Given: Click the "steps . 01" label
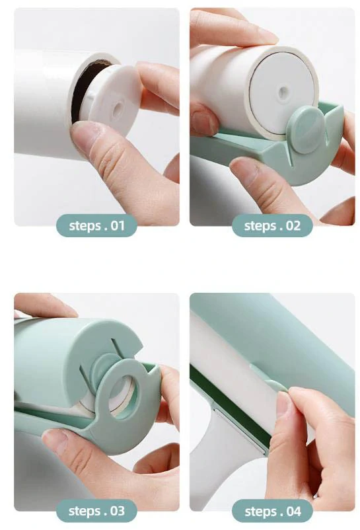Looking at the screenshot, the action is (x=96, y=225).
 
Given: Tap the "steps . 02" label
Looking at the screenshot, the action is (x=272, y=225).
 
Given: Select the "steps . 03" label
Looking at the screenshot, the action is (x=96, y=511).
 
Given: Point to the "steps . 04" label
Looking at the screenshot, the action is (x=273, y=511).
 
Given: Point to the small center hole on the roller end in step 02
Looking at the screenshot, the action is (x=283, y=91).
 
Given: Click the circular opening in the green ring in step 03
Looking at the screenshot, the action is (x=124, y=398).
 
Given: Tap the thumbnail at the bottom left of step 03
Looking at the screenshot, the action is (x=54, y=439).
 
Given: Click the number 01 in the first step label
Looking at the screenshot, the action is (x=117, y=226).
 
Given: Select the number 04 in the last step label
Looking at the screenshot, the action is (x=293, y=511).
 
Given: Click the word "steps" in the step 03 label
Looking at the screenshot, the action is (x=85, y=511).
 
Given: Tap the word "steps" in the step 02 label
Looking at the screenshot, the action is (x=260, y=226).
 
